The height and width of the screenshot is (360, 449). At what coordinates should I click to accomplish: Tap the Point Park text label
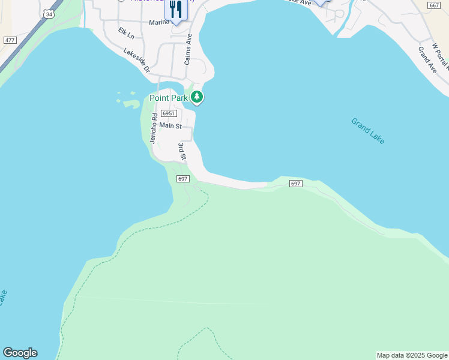point(169,98)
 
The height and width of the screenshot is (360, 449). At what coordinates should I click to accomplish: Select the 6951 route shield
point(169,113)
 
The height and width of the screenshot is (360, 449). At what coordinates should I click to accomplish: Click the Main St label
point(170,126)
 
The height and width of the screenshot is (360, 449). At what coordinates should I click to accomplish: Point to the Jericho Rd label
point(153,128)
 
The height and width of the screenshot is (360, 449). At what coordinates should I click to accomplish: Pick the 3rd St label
point(182,151)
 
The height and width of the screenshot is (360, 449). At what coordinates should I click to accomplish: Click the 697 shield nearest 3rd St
point(183,179)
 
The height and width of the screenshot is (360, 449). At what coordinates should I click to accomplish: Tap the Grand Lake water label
point(368,131)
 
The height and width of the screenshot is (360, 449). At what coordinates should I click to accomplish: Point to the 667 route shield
point(434,5)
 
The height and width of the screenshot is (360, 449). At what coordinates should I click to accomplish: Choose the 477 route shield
point(10,40)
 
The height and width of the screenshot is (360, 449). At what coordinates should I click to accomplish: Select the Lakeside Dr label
point(136,61)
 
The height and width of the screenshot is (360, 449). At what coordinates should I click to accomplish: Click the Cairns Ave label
point(188,49)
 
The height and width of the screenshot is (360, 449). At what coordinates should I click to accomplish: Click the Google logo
point(20,353)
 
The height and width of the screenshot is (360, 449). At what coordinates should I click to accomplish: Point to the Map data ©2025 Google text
point(412,355)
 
